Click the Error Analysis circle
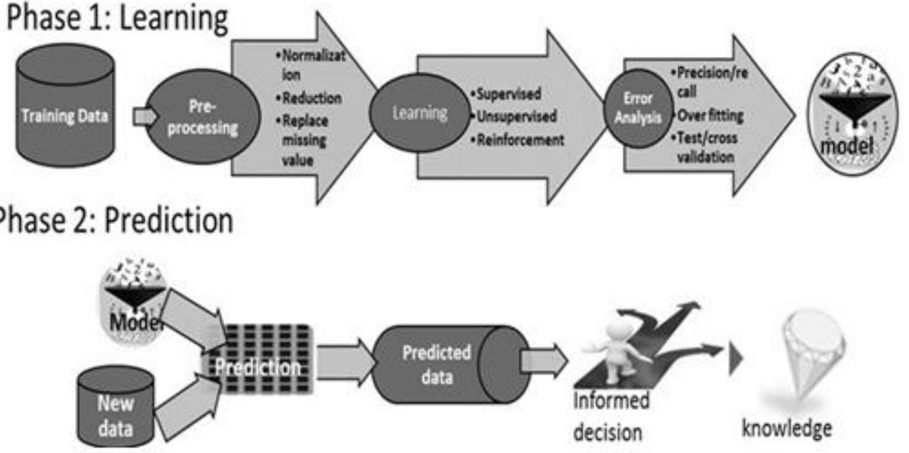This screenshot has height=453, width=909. pyautogui.click(x=638, y=107)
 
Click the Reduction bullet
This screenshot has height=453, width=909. pyautogui.click(x=307, y=99)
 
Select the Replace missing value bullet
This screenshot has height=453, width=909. pyautogui.click(x=303, y=141)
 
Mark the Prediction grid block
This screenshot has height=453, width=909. pyautogui.click(x=259, y=367)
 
